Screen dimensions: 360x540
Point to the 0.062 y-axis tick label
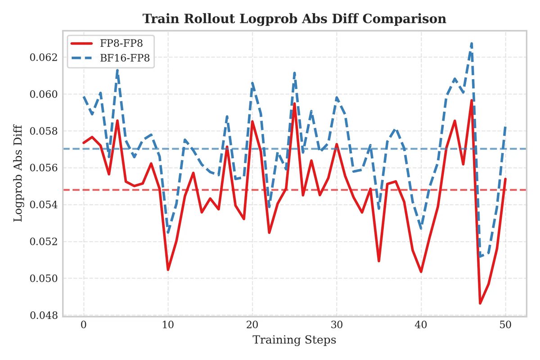(x=45, y=58)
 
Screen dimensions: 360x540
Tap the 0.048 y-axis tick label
(x=45, y=315)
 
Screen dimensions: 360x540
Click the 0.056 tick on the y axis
(x=45, y=168)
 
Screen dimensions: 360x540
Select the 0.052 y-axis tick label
(x=45, y=242)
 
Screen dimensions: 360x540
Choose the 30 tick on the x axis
(x=337, y=325)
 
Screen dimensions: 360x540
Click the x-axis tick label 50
(x=505, y=325)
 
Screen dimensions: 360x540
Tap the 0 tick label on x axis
(x=84, y=325)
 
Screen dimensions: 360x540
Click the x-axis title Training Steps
(x=294, y=340)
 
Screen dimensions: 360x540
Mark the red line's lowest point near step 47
(x=480, y=303)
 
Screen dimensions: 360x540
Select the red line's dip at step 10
(x=168, y=270)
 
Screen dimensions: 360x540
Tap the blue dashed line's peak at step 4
(x=117, y=70)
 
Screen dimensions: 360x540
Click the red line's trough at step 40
(x=421, y=272)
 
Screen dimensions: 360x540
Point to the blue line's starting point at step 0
(x=84, y=96)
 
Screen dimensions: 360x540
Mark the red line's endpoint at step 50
(x=505, y=179)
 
